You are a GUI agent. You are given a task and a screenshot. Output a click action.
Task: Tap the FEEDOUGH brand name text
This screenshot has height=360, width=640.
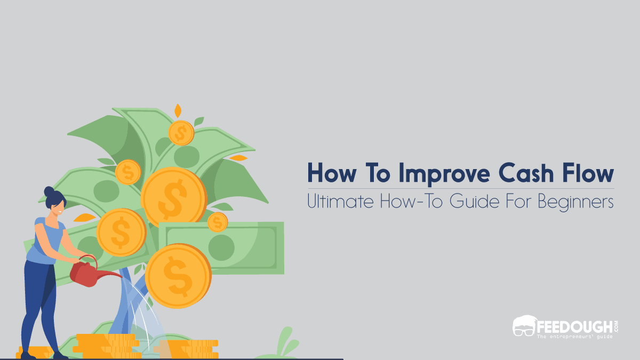click(x=577, y=324)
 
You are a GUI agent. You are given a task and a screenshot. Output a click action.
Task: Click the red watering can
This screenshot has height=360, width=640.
click(x=85, y=272)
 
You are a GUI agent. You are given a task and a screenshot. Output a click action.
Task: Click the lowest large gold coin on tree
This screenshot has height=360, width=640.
click(x=178, y=275)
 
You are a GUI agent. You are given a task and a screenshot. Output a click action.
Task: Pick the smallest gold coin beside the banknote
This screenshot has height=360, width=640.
click(x=218, y=222)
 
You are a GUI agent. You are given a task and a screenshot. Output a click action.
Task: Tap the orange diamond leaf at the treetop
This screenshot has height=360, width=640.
click(x=178, y=111)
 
